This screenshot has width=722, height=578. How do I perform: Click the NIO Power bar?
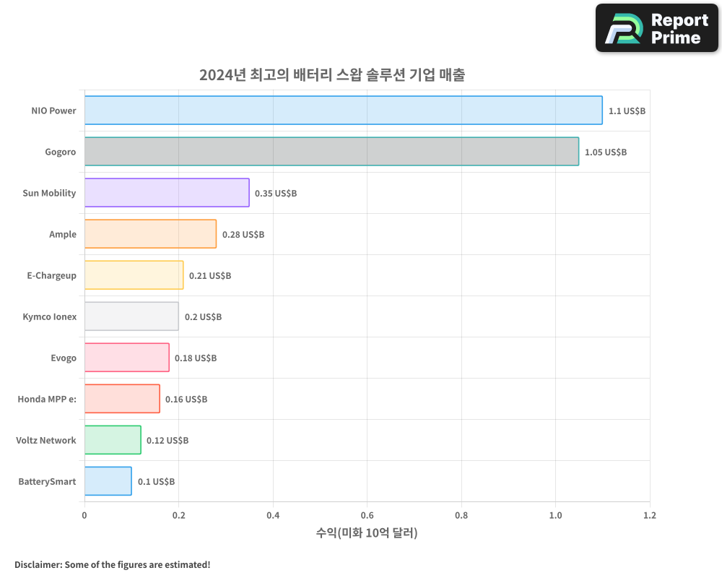pos(343,111)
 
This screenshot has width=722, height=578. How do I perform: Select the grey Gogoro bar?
pos(331,152)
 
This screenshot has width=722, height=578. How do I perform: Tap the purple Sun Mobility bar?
pos(167,193)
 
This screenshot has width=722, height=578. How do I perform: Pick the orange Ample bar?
pos(150,234)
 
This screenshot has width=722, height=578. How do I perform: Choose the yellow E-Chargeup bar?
pos(134,275)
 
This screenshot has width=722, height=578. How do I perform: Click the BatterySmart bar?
pos(108,481)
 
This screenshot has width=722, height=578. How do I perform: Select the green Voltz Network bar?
pos(113,440)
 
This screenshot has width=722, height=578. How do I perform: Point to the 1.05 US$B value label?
pos(606,152)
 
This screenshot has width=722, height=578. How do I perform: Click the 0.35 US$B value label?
pos(276,194)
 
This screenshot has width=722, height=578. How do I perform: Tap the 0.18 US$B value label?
pos(196,358)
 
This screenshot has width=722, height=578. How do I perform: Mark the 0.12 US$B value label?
pos(168,441)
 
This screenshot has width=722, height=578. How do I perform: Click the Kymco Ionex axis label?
pos(50,317)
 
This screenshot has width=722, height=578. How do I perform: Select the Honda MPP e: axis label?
pos(47,400)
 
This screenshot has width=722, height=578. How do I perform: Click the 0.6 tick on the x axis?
pos(367,516)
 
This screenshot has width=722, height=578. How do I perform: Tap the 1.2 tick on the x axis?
pos(650,516)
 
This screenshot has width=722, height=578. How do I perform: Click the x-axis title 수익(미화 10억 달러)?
pos(367,533)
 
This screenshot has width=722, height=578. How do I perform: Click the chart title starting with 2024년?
pos(332,75)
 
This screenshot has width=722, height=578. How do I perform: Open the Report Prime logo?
pos(657,28)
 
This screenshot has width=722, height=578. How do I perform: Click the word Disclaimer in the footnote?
pos(38,565)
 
